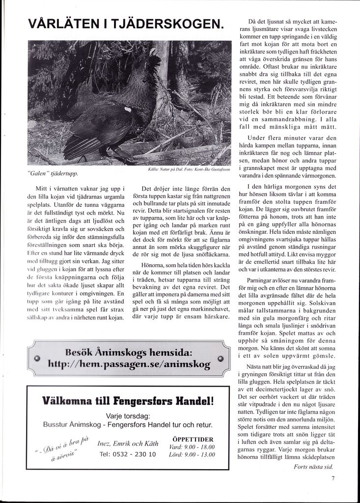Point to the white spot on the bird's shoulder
[x=128, y=110]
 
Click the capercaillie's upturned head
[x=143, y=58]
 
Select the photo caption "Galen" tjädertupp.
[x=53, y=173]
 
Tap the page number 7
[x=333, y=477]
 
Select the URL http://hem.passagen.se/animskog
[x=129, y=365]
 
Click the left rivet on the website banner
[x=37, y=359]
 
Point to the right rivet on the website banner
[x=221, y=359]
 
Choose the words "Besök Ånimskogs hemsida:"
[x=129, y=353]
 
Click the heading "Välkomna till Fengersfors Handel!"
[x=128, y=400]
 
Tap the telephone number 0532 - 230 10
[x=127, y=454]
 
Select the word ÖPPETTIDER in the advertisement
[x=193, y=439]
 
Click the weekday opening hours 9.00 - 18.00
[x=198, y=447]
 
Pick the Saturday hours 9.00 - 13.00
[x=198, y=455]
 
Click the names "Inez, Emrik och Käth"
[x=128, y=444]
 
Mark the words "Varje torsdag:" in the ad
[x=128, y=416]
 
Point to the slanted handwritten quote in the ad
[x=63, y=447]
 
